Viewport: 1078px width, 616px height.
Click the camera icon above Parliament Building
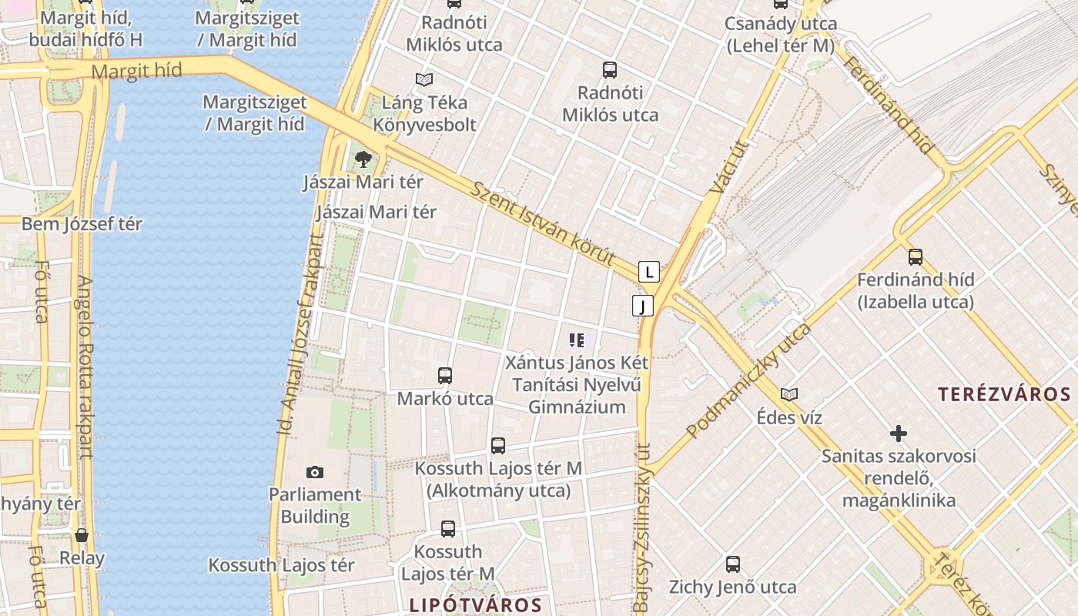314,472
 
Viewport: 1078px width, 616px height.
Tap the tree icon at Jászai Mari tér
363,159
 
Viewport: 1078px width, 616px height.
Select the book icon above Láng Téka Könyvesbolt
423,79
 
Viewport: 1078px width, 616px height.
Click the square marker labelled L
649,272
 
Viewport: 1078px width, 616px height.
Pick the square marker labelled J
643,306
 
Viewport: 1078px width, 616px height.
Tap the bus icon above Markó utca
445,376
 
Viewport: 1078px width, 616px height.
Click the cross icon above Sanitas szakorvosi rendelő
898,433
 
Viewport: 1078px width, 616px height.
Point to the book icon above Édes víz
789,395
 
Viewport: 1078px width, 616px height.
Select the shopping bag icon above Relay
82,535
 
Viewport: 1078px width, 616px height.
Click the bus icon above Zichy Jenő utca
733,564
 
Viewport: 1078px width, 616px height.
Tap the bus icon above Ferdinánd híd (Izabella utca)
916,257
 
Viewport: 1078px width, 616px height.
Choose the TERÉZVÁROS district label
1004,395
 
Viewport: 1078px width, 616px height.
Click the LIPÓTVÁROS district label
475,604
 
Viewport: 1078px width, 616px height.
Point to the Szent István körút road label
544,224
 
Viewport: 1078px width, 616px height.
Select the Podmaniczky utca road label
748,380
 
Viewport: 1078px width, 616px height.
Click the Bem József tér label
82,224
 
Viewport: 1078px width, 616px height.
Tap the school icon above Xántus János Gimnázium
577,340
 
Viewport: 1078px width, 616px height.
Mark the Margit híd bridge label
136,72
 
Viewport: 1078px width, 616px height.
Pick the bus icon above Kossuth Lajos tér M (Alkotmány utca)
498,446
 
